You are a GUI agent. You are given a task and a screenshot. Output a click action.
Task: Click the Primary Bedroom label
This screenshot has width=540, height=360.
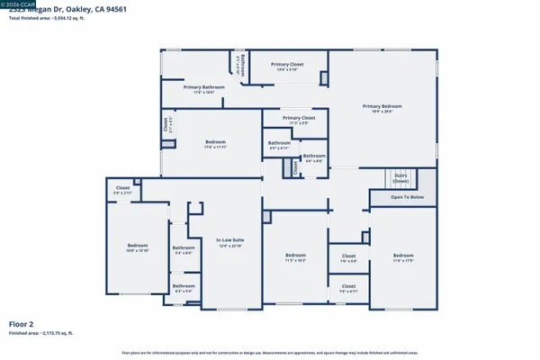pyautogui.click(x=382, y=106)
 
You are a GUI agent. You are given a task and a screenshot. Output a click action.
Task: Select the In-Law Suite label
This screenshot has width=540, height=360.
pyautogui.click(x=230, y=239)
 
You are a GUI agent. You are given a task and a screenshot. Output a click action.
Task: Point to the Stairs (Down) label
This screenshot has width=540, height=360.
pyautogui.click(x=398, y=177)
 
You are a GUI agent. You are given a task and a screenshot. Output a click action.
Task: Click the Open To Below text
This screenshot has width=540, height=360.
pyautogui.click(x=408, y=196)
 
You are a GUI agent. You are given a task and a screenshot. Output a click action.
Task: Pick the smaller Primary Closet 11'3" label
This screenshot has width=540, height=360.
pyautogui.click(x=298, y=118)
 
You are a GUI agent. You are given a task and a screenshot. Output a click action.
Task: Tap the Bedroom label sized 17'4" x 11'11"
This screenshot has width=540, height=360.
pyautogui.click(x=215, y=141)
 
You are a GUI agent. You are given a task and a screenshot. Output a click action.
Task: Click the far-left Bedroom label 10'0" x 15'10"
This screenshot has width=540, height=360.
pyautogui.click(x=137, y=246)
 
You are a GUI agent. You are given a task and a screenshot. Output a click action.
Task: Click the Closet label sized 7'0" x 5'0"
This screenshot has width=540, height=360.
pyautogui.click(x=348, y=256)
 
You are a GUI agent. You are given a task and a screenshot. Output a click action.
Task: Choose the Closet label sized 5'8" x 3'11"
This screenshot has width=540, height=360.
pyautogui.click(x=122, y=188)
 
